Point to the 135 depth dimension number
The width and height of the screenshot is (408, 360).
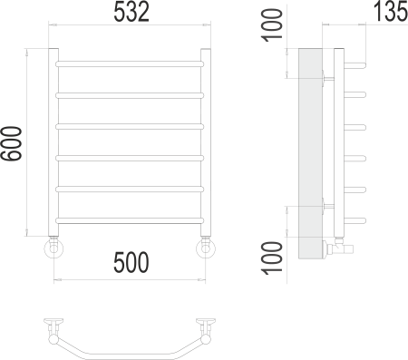pyautogui.click(x=387, y=13)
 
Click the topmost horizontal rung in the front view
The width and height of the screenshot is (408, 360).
pyautogui.click(x=129, y=63)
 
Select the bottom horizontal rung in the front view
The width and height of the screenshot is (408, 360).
pyautogui.click(x=129, y=219)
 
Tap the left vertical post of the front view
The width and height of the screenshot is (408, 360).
pyautogui.click(x=53, y=141)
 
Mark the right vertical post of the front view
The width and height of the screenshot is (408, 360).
pyautogui.click(x=205, y=141)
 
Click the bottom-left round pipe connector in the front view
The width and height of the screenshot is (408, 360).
pyautogui.click(x=53, y=248)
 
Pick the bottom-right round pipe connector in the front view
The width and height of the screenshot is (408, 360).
pyautogui.click(x=205, y=248)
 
